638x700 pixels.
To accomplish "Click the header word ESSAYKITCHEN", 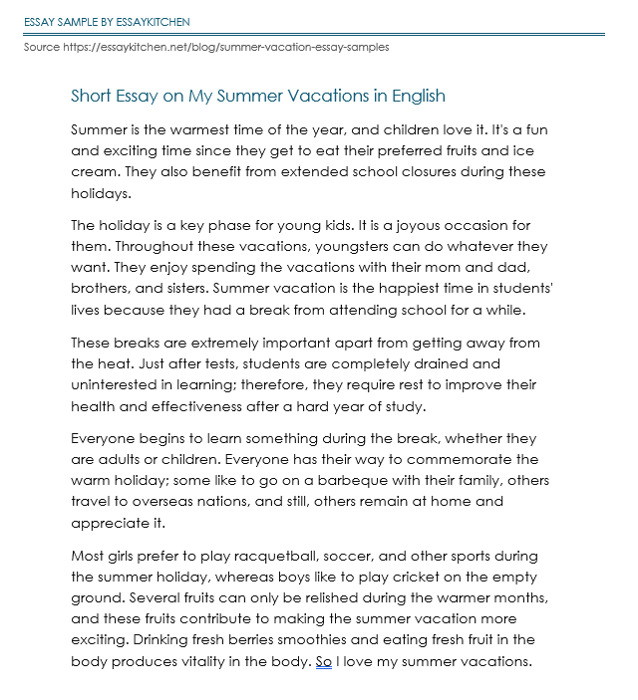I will (152, 21).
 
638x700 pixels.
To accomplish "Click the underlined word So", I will (323, 661).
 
